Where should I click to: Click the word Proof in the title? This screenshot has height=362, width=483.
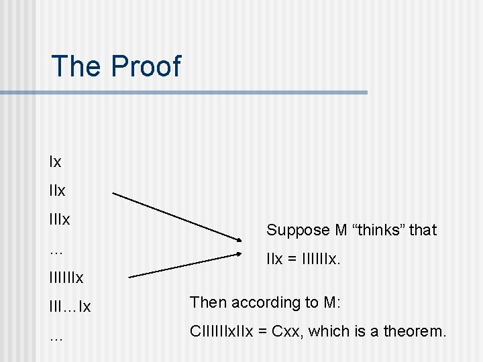(x=146, y=66)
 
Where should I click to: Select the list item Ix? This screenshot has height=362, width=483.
(x=55, y=162)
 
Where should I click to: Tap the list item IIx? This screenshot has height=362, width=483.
(x=57, y=190)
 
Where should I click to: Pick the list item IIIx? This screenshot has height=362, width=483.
(x=59, y=219)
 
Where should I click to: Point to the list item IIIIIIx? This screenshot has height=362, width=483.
(x=66, y=277)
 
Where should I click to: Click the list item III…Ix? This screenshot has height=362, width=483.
(x=70, y=307)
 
